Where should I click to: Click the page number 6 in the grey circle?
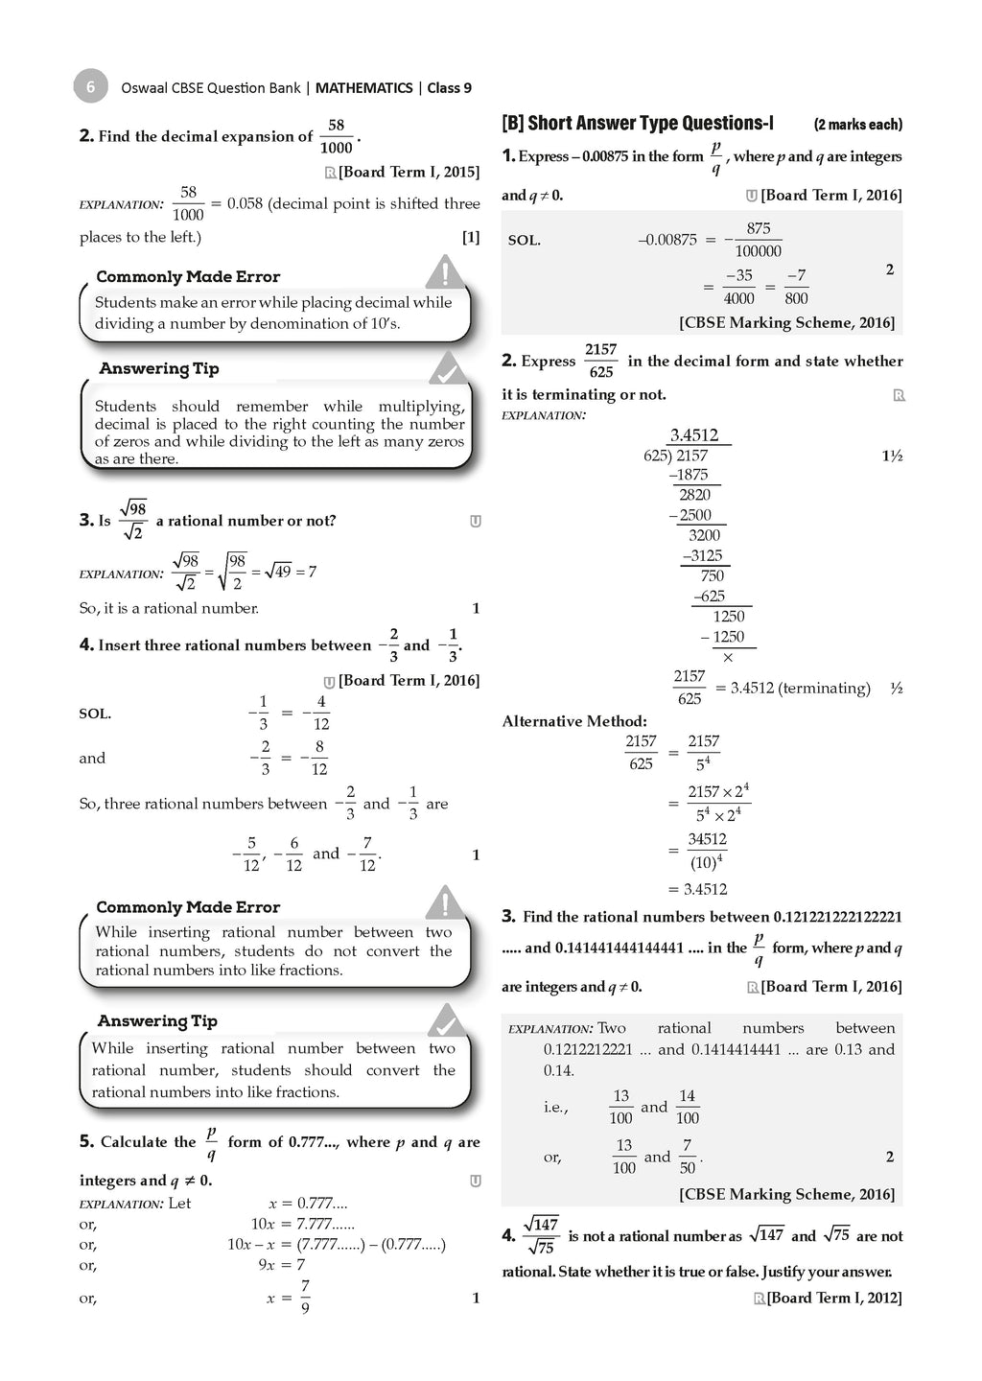(90, 87)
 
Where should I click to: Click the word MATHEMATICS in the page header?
(363, 88)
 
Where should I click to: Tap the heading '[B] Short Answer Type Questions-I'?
(637, 124)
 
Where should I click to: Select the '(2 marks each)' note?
(857, 125)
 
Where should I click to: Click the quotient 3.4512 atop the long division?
(694, 435)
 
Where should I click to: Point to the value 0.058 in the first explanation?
(245, 203)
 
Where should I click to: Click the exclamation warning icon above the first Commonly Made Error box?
(443, 273)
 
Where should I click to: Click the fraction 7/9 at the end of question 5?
(305, 1297)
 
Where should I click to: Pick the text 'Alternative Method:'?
(573, 721)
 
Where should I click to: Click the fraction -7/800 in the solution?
(796, 287)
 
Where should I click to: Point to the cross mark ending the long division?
(728, 658)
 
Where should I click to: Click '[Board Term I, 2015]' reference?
(409, 172)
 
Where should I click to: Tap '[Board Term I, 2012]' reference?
(834, 1298)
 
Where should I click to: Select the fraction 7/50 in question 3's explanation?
(687, 1157)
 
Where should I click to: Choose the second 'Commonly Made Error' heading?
(188, 907)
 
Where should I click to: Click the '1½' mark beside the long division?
(892, 456)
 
